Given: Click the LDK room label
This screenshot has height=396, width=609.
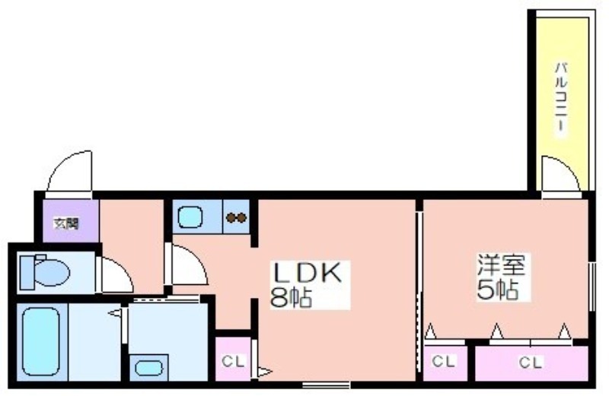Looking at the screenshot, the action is (x=308, y=273).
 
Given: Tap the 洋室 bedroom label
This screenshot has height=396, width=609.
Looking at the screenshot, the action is (x=502, y=265).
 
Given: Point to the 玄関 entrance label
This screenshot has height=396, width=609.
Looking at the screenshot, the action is (x=66, y=223).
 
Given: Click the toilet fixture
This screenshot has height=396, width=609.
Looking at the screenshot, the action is (x=45, y=271).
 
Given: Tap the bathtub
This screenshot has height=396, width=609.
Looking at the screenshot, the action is (x=41, y=341).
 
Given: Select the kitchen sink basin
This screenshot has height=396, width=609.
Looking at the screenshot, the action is (x=190, y=217).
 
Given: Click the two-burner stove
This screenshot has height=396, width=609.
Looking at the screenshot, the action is (x=236, y=217).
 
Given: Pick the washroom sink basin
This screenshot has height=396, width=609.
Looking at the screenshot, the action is (x=149, y=368).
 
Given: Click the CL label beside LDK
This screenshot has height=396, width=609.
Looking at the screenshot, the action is (x=233, y=362).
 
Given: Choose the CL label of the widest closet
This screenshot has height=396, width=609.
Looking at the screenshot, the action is (x=531, y=363).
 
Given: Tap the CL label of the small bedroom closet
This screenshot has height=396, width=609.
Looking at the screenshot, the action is (x=444, y=362).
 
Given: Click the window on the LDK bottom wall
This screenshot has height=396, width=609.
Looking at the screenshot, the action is (x=327, y=385).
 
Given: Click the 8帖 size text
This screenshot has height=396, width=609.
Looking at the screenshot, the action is (x=291, y=298).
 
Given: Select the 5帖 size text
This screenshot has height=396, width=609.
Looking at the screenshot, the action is (x=498, y=290).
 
